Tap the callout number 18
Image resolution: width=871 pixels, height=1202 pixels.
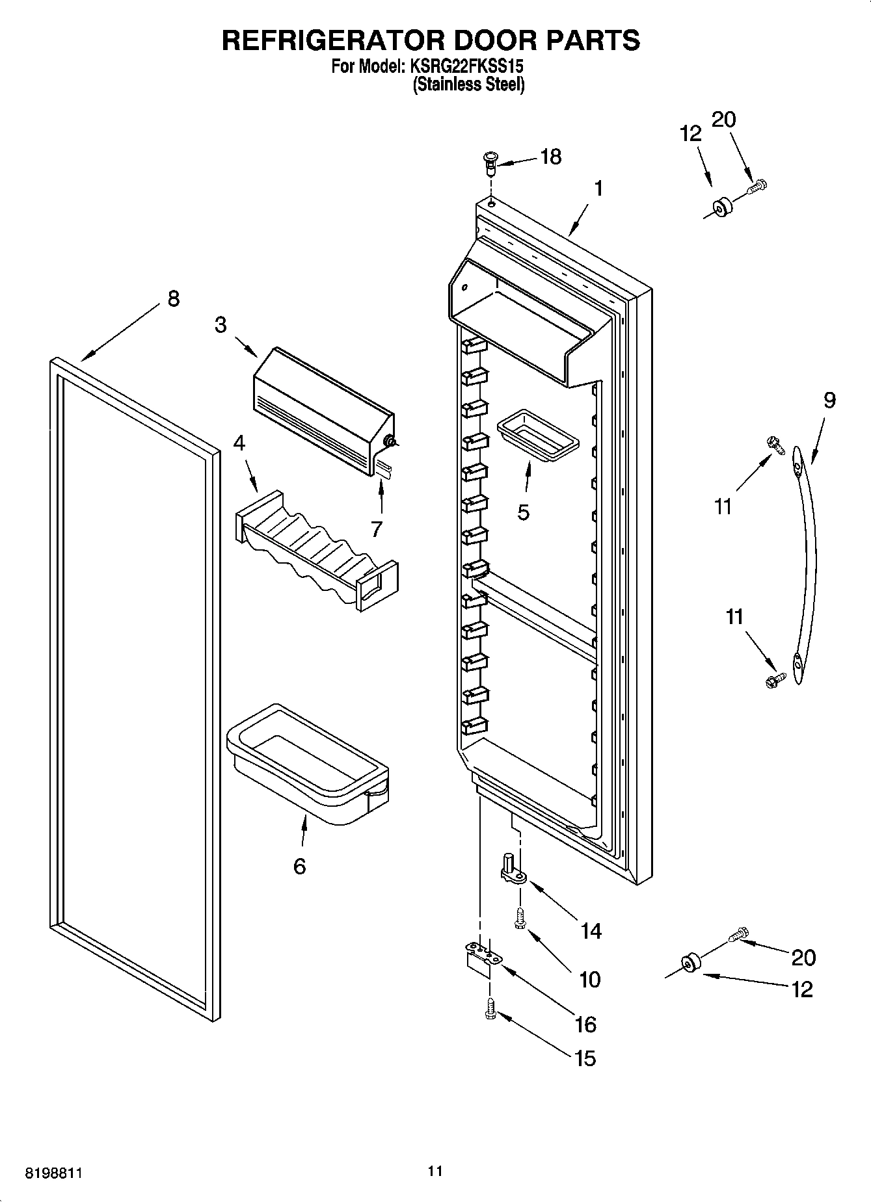click(x=550, y=157)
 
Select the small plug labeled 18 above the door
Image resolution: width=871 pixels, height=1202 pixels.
click(x=490, y=160)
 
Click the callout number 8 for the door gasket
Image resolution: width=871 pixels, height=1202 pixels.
click(x=172, y=298)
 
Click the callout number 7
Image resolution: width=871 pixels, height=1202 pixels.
click(x=376, y=529)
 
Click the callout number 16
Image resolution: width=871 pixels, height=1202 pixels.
click(x=585, y=1025)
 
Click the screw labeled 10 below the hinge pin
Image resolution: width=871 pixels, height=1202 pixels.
click(x=520, y=919)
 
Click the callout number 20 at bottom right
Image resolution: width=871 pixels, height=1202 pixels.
click(x=803, y=957)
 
